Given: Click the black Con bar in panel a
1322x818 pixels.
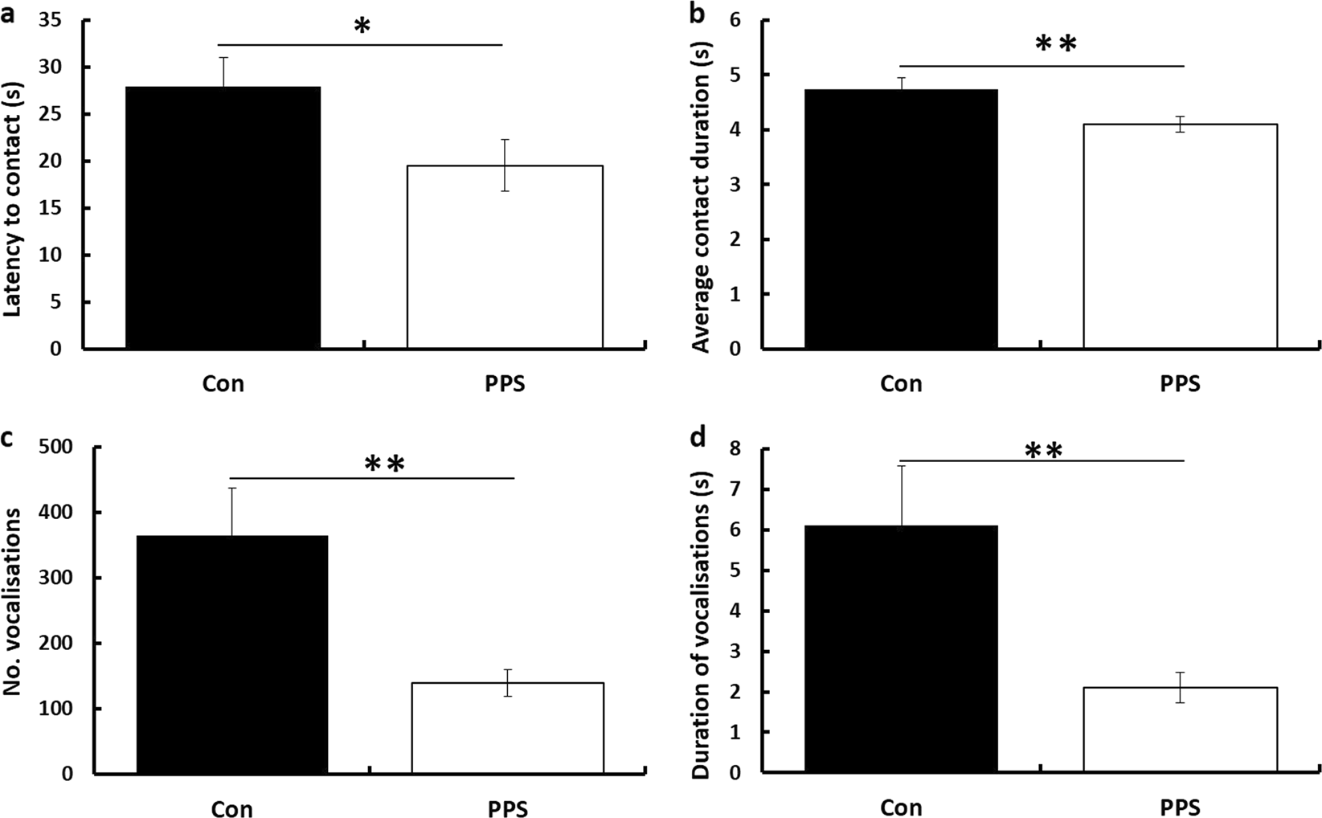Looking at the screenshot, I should (223, 217).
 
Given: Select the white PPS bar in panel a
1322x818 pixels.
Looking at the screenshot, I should (505, 257).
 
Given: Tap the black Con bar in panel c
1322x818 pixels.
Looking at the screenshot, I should (232, 654).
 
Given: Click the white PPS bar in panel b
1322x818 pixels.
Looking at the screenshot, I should (1180, 236).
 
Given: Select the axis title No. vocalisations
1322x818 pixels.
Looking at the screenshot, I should (14, 611).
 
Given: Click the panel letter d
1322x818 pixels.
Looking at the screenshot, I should (700, 438).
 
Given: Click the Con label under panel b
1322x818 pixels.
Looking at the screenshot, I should (901, 384).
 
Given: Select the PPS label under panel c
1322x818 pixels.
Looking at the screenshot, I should (507, 808).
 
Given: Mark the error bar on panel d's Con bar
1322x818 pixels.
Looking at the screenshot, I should (901, 494).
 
